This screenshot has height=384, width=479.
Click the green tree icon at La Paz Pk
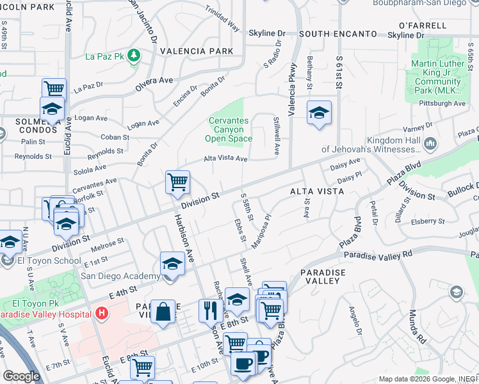(134, 56)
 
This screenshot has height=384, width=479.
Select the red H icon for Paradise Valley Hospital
(101, 314)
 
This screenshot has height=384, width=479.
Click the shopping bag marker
(163, 312)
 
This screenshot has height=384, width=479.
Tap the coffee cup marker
(243, 364)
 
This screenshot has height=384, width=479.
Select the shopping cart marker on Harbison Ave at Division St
(177, 182)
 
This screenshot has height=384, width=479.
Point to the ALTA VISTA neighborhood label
(316, 191)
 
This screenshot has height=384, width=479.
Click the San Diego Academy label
(119, 276)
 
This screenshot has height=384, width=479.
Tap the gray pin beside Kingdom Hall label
(430, 143)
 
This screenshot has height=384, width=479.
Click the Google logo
(21, 376)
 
